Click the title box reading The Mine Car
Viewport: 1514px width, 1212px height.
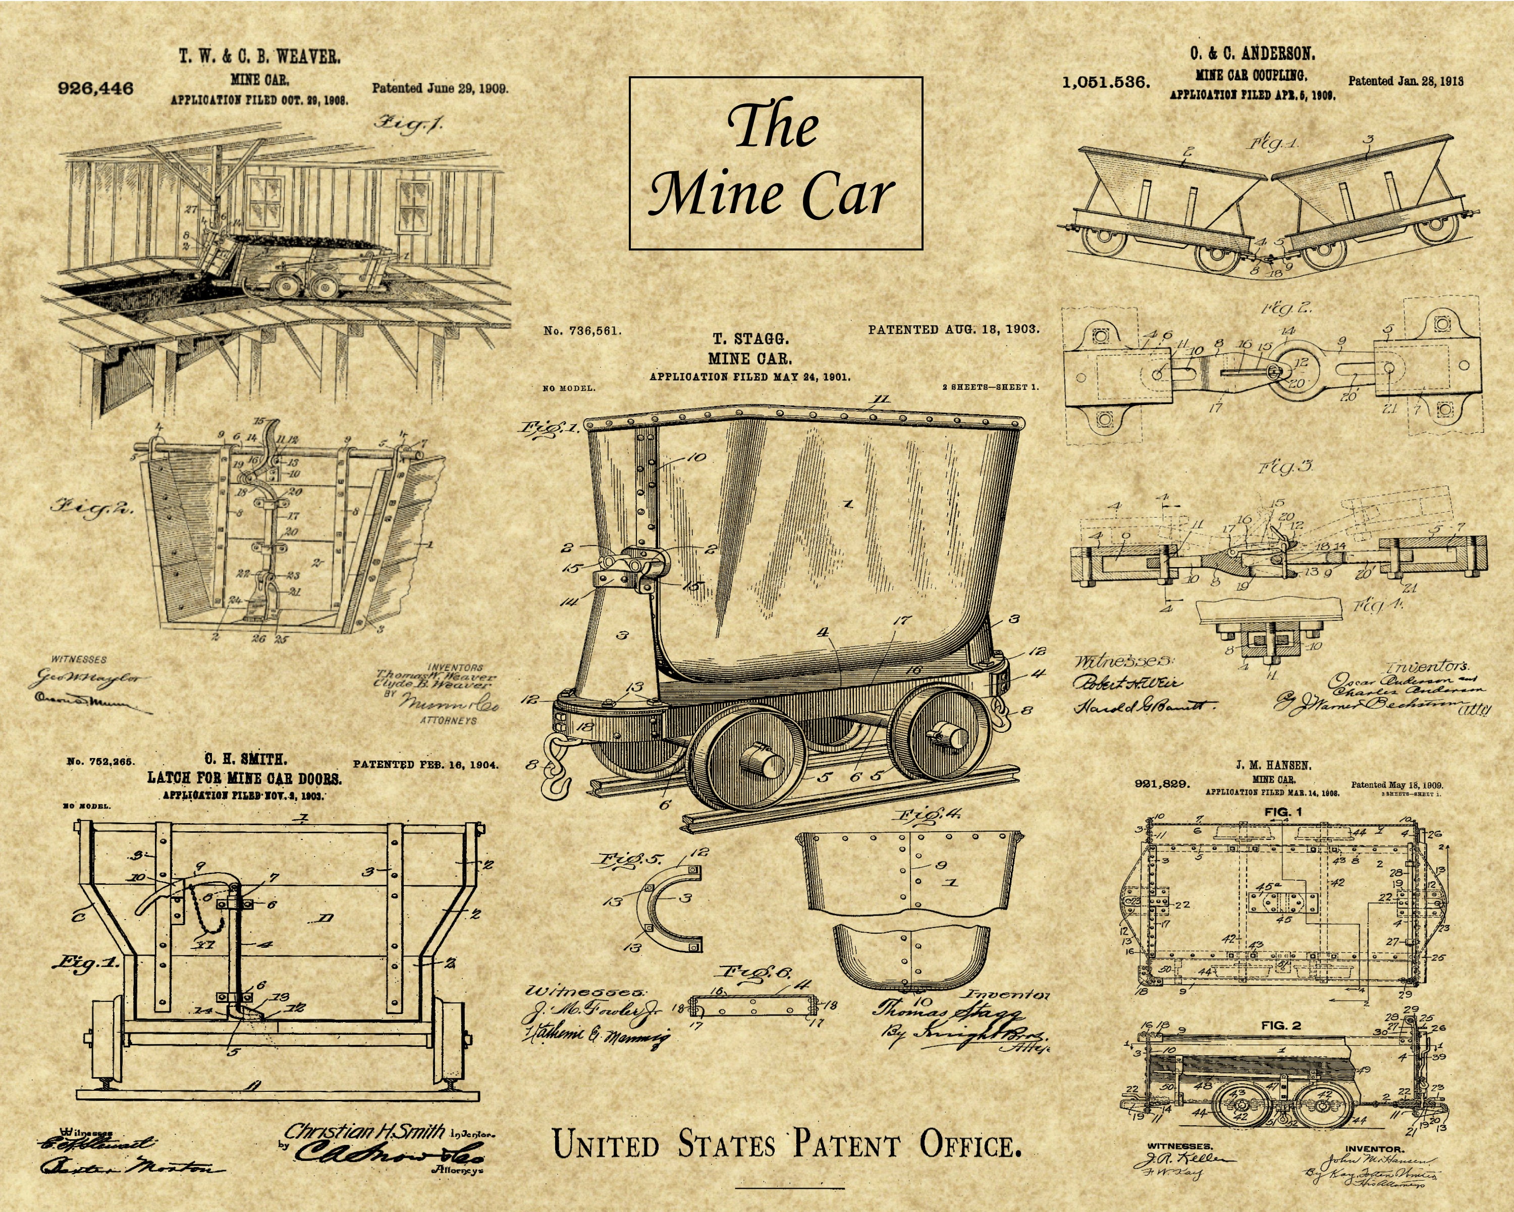[x=775, y=163]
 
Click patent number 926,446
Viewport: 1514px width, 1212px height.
[x=95, y=88]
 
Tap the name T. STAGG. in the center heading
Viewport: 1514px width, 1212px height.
[x=750, y=339]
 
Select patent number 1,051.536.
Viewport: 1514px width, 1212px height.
[x=1106, y=83]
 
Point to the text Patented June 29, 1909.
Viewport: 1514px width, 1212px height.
[x=440, y=88]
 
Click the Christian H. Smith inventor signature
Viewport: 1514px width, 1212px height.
[x=364, y=1131]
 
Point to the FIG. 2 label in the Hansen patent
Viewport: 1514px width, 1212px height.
[x=1281, y=1025]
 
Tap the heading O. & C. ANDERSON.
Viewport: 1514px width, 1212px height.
[x=1252, y=54]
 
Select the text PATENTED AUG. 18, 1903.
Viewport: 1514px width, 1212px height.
[x=953, y=329]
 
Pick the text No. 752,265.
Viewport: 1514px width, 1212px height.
[x=100, y=761]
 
